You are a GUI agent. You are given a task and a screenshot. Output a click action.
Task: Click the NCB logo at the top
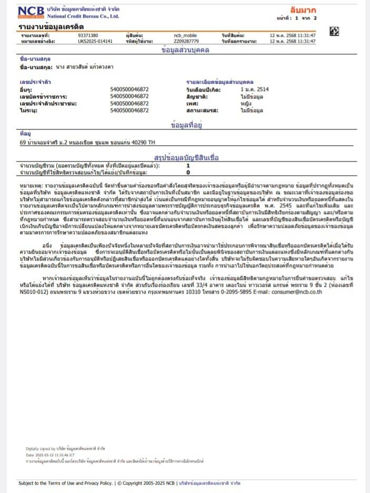[31, 11]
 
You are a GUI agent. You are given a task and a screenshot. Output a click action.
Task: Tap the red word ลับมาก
[303, 10]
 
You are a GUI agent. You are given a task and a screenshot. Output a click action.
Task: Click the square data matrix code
[334, 32]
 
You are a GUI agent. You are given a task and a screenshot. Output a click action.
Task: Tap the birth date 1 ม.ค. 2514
[254, 89]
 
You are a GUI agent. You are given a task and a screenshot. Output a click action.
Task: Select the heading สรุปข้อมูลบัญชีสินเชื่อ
[186, 157]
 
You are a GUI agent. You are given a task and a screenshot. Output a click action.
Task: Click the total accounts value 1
[188, 166]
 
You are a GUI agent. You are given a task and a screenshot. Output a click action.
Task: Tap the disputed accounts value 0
[188, 172]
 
